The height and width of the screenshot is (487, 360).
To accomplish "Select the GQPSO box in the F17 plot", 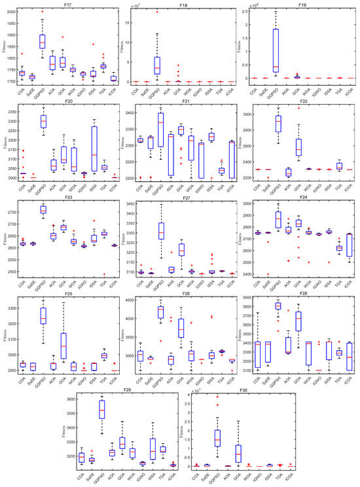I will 42,41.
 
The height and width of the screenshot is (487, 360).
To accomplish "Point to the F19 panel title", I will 302,4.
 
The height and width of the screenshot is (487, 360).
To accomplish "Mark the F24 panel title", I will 302,194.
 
